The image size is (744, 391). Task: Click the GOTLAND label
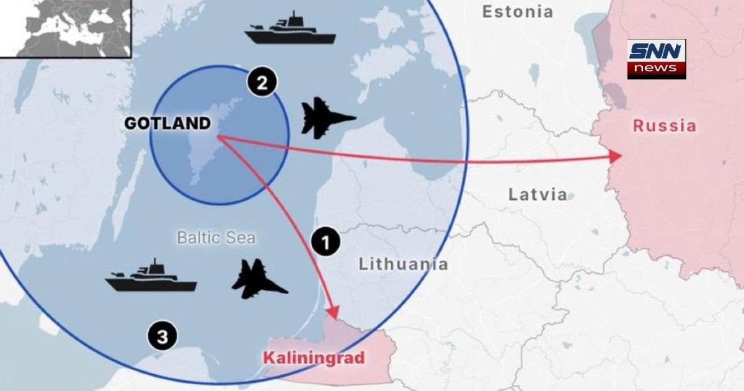[167, 124]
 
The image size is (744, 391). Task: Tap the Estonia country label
[517, 11]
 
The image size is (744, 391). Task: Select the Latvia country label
[538, 194]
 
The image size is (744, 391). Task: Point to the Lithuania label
[403, 264]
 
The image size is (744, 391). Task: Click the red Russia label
[664, 127]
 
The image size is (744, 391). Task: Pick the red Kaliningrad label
[313, 358]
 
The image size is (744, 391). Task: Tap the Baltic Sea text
[216, 237]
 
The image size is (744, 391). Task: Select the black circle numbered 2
[262, 83]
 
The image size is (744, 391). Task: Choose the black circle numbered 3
[162, 337]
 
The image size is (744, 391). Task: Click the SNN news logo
[656, 59]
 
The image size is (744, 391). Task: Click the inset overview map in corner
[65, 28]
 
